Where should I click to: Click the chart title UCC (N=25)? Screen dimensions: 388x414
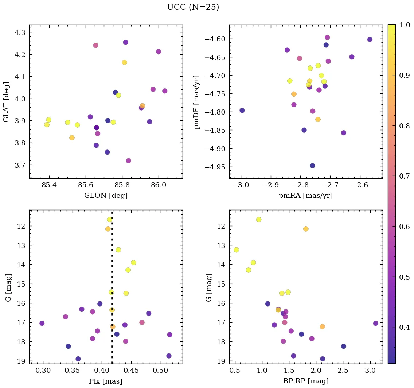coord(193,7)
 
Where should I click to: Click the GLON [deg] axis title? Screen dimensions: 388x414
coord(106,196)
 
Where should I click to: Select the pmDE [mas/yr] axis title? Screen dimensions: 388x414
coord(197,101)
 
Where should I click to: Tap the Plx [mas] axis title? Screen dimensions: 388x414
coord(106,381)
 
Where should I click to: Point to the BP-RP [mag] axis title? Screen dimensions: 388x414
coord(305,381)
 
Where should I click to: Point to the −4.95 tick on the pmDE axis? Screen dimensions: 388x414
coord(215,167)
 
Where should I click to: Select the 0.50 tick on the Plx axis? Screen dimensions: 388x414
coord(160,371)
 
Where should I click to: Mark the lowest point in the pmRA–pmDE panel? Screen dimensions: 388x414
coord(312,165)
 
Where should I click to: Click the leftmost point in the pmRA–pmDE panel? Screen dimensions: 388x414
coord(242,110)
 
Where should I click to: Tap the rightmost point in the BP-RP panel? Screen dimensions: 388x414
coord(376,323)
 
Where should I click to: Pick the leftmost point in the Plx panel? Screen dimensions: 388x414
coord(42,323)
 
